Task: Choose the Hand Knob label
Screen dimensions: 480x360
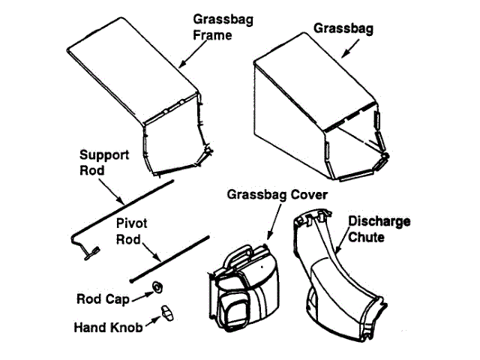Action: tap(110, 327)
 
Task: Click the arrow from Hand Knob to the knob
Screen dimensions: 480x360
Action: tap(153, 320)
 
